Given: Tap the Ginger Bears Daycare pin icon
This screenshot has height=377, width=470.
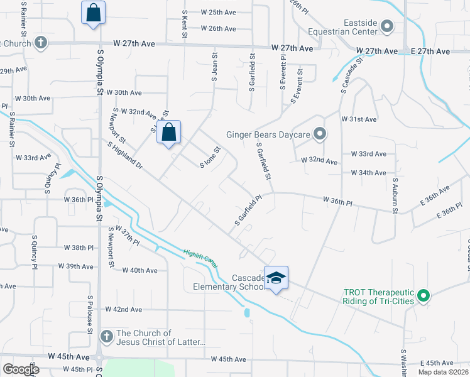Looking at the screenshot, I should pyautogui.click(x=320, y=134).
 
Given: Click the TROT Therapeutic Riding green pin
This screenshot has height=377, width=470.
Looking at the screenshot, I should pyautogui.click(x=424, y=294).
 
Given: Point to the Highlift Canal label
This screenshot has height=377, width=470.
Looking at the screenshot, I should pyautogui.click(x=200, y=258).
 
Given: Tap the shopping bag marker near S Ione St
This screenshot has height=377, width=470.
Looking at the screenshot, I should pyautogui.click(x=169, y=133).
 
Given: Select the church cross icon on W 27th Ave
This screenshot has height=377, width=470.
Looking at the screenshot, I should pyautogui.click(x=41, y=43).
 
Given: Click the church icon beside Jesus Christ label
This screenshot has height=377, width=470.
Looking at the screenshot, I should pyautogui.click(x=106, y=337).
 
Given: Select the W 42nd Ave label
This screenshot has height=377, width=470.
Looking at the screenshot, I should pyautogui.click(x=124, y=310).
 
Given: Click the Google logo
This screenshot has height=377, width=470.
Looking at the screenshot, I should pyautogui.click(x=21, y=369).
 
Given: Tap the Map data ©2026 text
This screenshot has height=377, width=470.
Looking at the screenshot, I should pyautogui.click(x=443, y=372).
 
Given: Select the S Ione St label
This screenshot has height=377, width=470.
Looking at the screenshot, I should pyautogui.click(x=210, y=157).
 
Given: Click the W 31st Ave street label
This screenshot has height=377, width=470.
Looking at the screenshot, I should pyautogui.click(x=359, y=119).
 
